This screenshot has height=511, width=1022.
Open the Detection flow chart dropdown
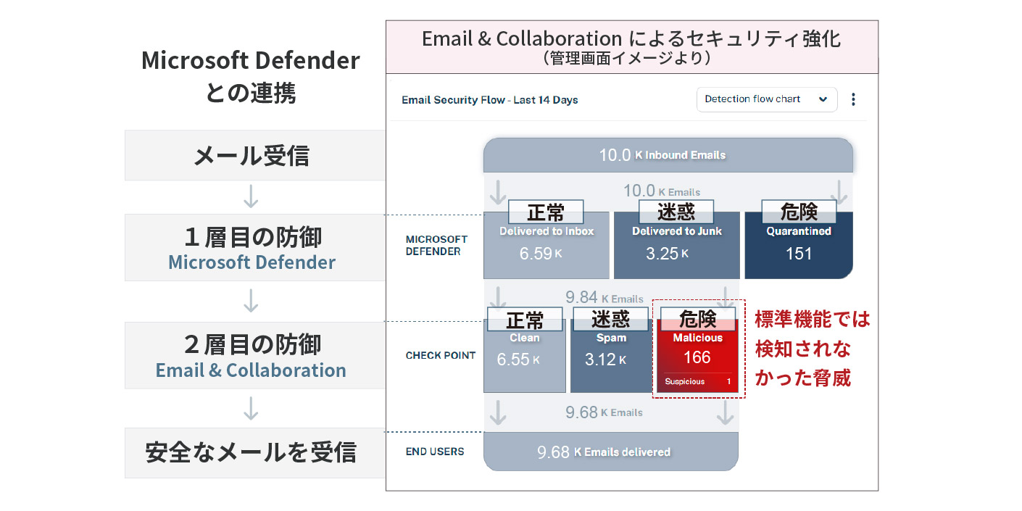click(766, 99)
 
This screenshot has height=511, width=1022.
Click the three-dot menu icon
click(853, 99)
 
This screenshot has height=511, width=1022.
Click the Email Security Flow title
click(489, 100)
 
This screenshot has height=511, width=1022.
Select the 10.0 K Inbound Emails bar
click(668, 154)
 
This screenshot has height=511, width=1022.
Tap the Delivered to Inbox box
click(546, 246)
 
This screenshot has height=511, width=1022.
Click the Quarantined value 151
click(799, 254)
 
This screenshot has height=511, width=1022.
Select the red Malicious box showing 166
click(697, 352)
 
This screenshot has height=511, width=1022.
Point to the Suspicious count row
click(697, 381)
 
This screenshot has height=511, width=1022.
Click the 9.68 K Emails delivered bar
click(610, 452)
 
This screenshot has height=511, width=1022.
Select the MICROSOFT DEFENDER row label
click(436, 245)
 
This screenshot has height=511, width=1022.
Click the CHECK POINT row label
click(440, 355)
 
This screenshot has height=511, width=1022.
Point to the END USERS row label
click(435, 452)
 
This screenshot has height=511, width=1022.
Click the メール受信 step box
click(251, 155)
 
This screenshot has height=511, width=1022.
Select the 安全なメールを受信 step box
click(251, 452)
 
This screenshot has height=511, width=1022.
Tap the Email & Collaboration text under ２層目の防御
click(251, 370)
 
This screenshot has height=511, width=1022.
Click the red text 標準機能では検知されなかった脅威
click(811, 349)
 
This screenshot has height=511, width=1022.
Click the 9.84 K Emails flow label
click(604, 298)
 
